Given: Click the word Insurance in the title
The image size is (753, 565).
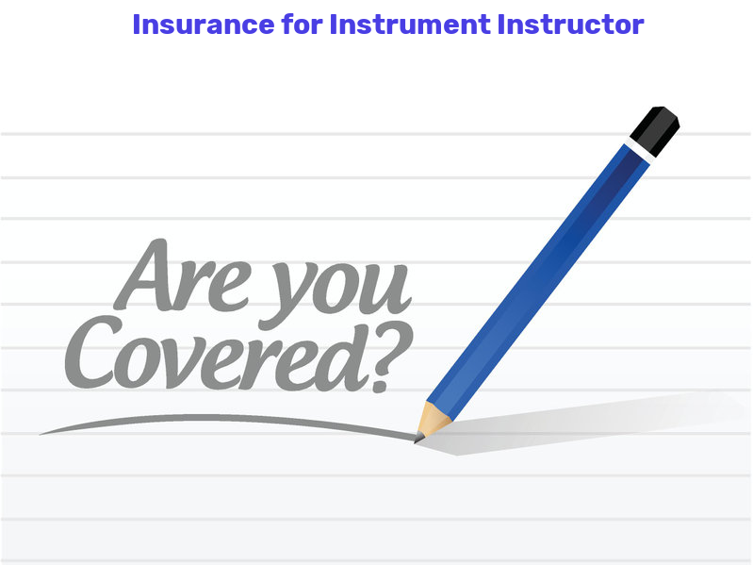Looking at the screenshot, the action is pyautogui.click(x=204, y=25).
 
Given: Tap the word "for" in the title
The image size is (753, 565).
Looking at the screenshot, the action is pyautogui.click(x=303, y=24).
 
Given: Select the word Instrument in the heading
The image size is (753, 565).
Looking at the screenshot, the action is pyautogui.click(x=410, y=25).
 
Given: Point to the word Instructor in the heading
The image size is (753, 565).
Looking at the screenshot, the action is pyautogui.click(x=570, y=25).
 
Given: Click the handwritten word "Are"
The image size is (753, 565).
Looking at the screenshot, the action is pyautogui.click(x=183, y=276).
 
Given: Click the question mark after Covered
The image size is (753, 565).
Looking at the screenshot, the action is pyautogui.click(x=391, y=357).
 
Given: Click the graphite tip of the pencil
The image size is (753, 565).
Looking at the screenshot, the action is pyautogui.click(x=418, y=438).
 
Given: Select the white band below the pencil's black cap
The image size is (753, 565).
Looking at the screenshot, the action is pyautogui.click(x=639, y=151).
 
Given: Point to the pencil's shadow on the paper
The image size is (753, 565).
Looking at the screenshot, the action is pyautogui.click(x=576, y=423).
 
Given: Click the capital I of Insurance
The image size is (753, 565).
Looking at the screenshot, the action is pyautogui.click(x=137, y=25).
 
